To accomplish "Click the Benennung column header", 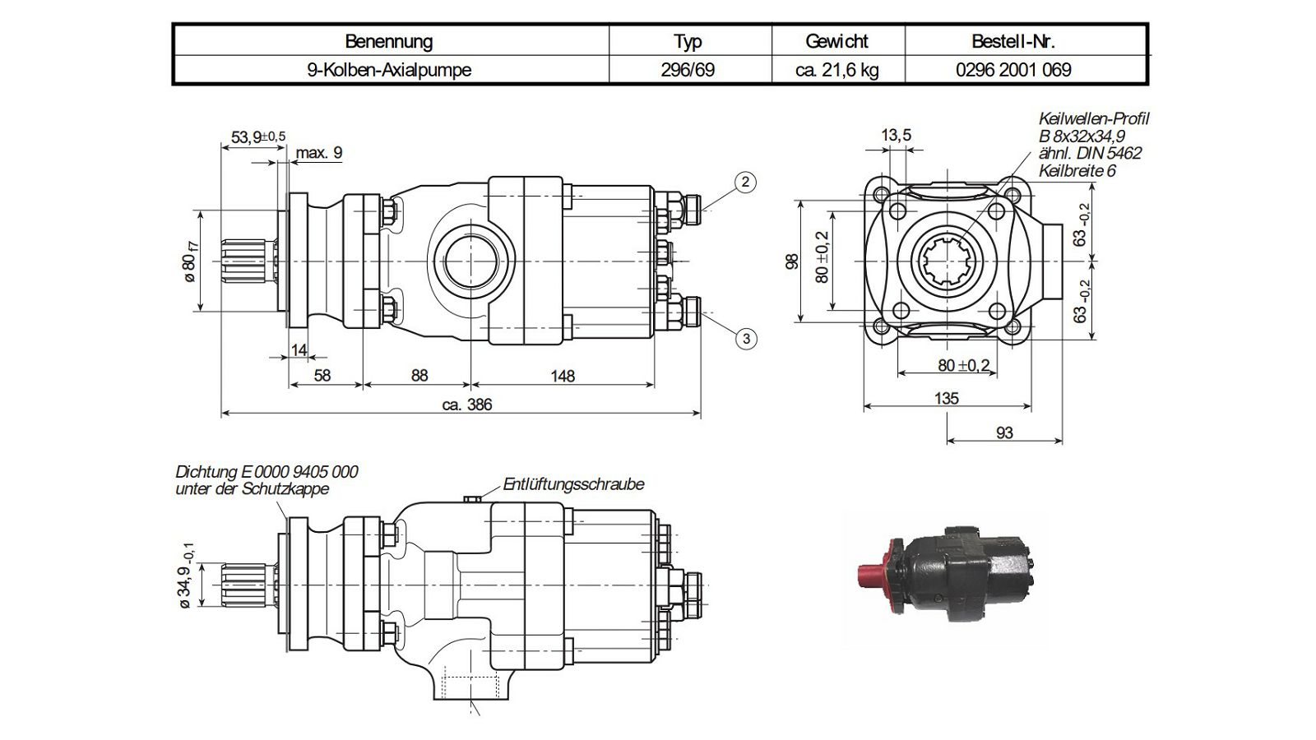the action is pos(389,41).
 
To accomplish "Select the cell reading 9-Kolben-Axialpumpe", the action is pos(389,70).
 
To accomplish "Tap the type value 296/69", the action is pos(688,70).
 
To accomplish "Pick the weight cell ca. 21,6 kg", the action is pos(837,70).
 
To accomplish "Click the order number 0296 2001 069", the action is pos(1013,70).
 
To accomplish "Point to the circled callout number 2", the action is pos(745,182).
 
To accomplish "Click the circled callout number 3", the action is pos(746,339).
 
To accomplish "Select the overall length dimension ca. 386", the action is pos(466,405).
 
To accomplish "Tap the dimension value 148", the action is pos(563,376).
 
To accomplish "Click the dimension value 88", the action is pos(419,375).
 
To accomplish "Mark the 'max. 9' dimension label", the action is pos(318,153).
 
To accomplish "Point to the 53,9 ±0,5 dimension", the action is pos(258,136).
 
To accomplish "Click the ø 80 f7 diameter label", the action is pos(190,262).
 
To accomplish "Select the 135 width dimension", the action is pos(947,399).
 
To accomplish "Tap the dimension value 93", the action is pos(1004,432).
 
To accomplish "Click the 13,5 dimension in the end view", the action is pos(896,135).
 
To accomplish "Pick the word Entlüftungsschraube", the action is pos(573,484).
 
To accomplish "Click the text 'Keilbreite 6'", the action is pos(1077,171).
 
